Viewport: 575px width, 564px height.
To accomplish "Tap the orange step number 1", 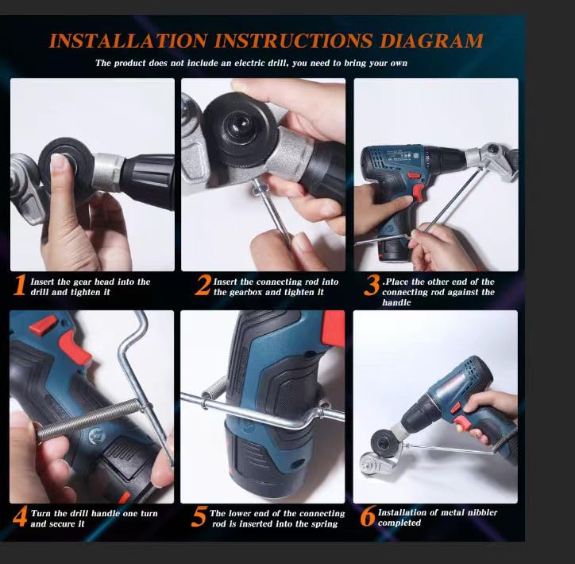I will (20, 286).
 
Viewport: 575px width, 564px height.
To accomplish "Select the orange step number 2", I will (203, 286).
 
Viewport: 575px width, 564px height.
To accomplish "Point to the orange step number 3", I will (371, 286).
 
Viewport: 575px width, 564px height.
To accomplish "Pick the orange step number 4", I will (20, 517).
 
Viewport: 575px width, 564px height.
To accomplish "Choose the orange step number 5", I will (199, 517).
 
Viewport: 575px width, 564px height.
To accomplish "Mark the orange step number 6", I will (368, 517).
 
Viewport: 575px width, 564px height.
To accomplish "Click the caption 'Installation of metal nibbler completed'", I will (437, 518).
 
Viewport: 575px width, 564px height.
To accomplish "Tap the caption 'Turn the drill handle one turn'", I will (94, 513).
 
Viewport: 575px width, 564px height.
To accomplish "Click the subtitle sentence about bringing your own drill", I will (251, 63).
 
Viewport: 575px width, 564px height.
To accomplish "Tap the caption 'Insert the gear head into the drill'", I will (90, 282).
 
